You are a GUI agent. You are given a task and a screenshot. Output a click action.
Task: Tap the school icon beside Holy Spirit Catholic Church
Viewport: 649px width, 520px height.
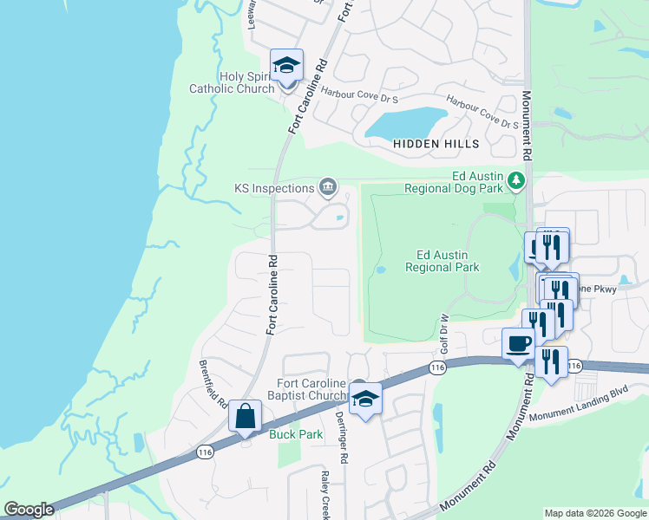coord(285,65)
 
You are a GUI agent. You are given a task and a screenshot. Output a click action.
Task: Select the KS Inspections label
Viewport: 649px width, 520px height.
coord(273,188)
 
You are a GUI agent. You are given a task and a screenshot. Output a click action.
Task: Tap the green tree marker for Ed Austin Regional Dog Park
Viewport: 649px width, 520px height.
coord(517,181)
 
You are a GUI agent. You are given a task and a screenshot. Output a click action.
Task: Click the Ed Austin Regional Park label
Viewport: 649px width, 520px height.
coord(442,261)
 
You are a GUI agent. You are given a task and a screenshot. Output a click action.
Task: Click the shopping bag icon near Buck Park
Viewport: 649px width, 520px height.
coord(246,417)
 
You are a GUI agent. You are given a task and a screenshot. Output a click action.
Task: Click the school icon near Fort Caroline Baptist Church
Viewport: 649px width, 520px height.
coord(366,400)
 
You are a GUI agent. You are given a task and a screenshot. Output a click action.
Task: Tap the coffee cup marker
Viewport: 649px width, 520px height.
coord(519,342)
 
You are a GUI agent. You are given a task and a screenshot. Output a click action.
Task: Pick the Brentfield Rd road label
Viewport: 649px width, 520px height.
coord(213,385)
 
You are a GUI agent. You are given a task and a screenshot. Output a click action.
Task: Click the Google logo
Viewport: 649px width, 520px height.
coord(29,510)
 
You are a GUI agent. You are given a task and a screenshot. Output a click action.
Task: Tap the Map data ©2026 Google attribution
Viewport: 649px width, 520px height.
coord(594,513)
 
